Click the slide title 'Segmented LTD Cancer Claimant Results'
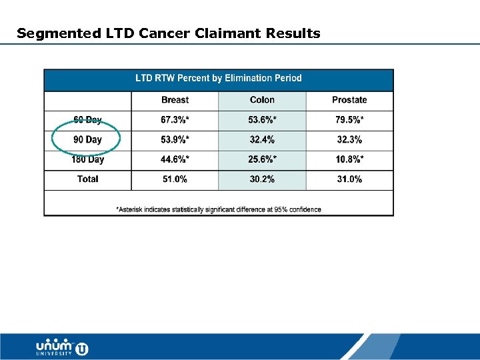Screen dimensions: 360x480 tap(168, 33)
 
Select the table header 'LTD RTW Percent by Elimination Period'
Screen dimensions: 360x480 tap(219, 79)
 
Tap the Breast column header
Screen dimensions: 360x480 tap(175, 100)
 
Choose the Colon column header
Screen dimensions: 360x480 tap(262, 100)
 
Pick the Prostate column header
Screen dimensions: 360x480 tap(349, 100)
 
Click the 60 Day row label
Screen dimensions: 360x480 tap(87, 120)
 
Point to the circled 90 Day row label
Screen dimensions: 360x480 tap(87, 140)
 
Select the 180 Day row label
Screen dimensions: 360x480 tap(87, 160)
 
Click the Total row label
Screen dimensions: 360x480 tap(87, 179)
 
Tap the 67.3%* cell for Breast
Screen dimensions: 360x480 tap(175, 120)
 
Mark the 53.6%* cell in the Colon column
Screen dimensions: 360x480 tap(262, 120)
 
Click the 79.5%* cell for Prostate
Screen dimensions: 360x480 tap(349, 120)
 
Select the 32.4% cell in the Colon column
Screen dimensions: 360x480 tap(262, 140)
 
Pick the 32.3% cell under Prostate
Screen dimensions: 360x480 tap(349, 140)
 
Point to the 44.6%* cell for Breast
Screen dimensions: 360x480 tap(175, 160)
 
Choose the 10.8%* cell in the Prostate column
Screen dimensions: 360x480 tap(349, 160)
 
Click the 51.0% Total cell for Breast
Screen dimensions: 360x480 tap(175, 179)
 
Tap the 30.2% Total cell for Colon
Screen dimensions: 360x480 tap(262, 179)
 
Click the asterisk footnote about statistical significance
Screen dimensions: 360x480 tap(219, 209)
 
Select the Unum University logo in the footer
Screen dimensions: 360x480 tap(62, 347)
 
